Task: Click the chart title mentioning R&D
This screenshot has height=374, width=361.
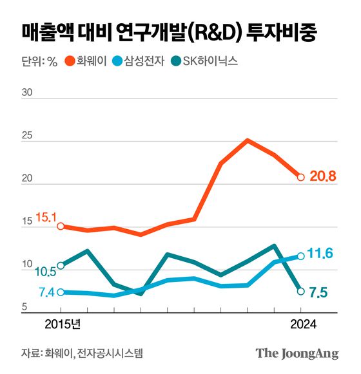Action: [169, 32]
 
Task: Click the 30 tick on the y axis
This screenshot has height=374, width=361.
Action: [28, 93]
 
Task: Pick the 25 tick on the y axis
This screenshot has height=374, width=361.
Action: [28, 136]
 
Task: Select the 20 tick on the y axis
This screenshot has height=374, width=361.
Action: [28, 179]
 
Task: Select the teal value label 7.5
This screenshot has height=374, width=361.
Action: [319, 294]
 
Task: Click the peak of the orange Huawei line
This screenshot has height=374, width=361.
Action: [248, 140]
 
